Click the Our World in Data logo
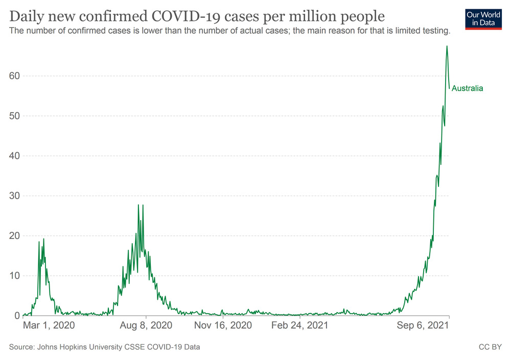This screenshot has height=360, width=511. (x=483, y=19)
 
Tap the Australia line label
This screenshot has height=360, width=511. (x=467, y=88)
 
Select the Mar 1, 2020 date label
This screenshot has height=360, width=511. (x=49, y=325)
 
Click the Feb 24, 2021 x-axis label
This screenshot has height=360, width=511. (x=300, y=325)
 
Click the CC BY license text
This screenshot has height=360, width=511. (x=489, y=347)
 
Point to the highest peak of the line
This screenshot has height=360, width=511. (x=447, y=46)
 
